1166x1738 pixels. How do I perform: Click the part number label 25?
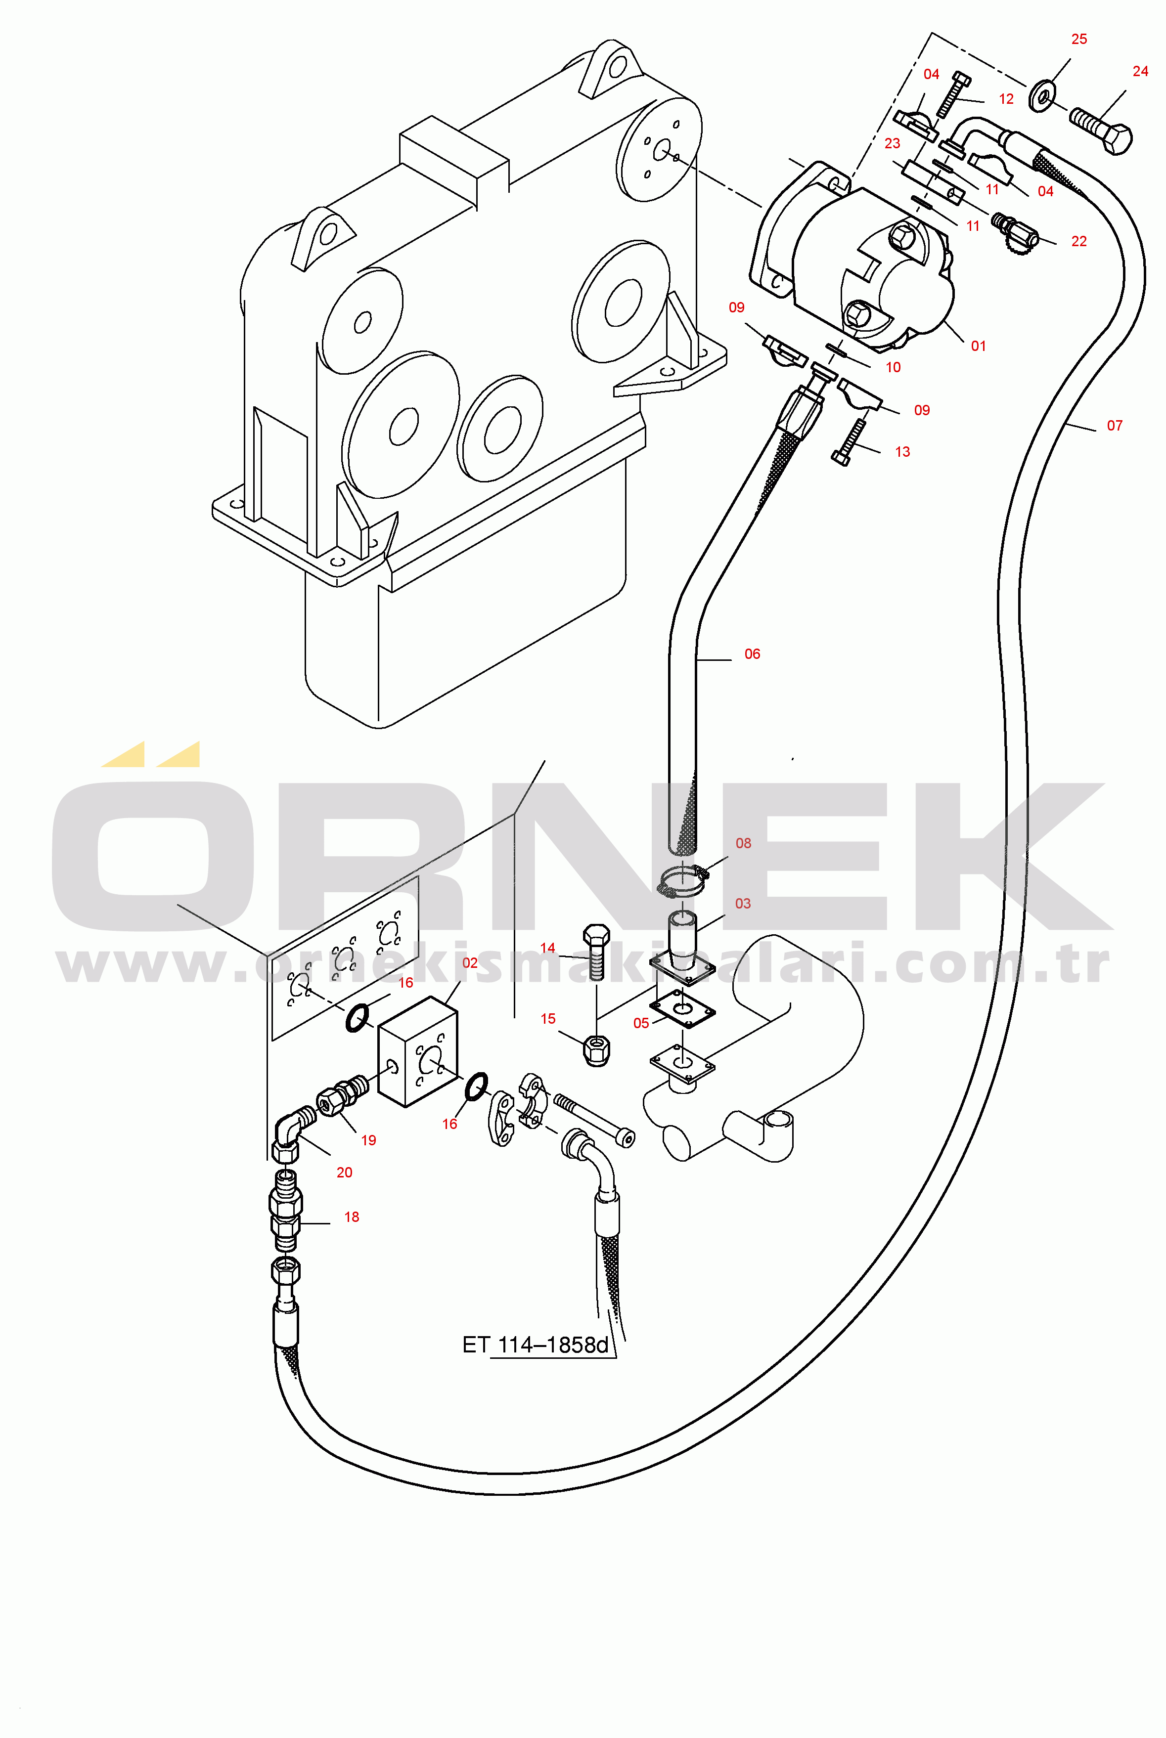[x=1078, y=40]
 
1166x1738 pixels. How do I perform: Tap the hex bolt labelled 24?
[x=1101, y=130]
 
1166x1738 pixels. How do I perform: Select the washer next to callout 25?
[x=1042, y=96]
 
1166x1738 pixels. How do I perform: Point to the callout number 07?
[x=1114, y=426]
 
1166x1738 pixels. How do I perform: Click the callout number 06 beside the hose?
[x=752, y=654]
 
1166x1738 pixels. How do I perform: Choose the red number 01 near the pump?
[x=978, y=347]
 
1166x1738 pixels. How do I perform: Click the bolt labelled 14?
[x=596, y=952]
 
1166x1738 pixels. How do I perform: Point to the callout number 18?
[x=351, y=1217]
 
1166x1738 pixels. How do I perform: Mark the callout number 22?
[x=1078, y=242]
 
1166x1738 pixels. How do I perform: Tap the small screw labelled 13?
[x=849, y=442]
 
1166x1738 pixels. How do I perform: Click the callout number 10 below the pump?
[x=893, y=367]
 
